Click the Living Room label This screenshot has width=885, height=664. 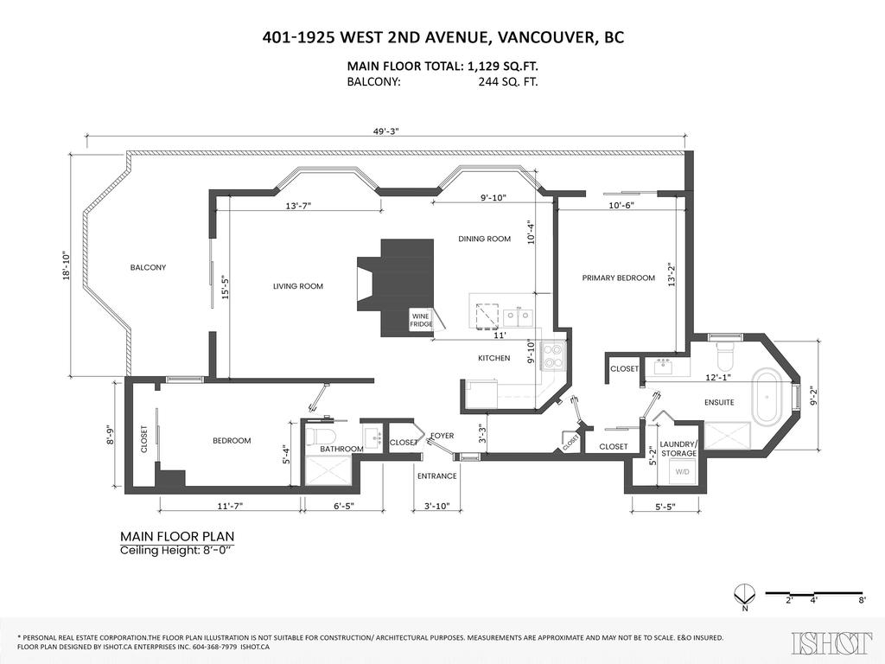[297, 286]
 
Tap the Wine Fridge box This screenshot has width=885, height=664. [420, 319]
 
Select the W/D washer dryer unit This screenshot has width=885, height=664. [682, 472]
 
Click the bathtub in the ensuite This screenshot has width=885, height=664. [765, 397]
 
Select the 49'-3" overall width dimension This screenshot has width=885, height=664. [385, 130]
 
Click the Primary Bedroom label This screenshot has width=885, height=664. [618, 278]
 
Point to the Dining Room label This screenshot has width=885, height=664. [484, 239]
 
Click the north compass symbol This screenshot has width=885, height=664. [740, 595]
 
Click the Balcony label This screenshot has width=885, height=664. [148, 267]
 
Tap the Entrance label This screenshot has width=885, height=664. [436, 476]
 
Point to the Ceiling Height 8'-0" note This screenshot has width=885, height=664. [176, 551]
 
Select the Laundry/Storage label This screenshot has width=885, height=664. [678, 448]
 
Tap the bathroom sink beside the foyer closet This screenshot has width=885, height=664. [373, 436]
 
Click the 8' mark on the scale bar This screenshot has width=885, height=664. [862, 599]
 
